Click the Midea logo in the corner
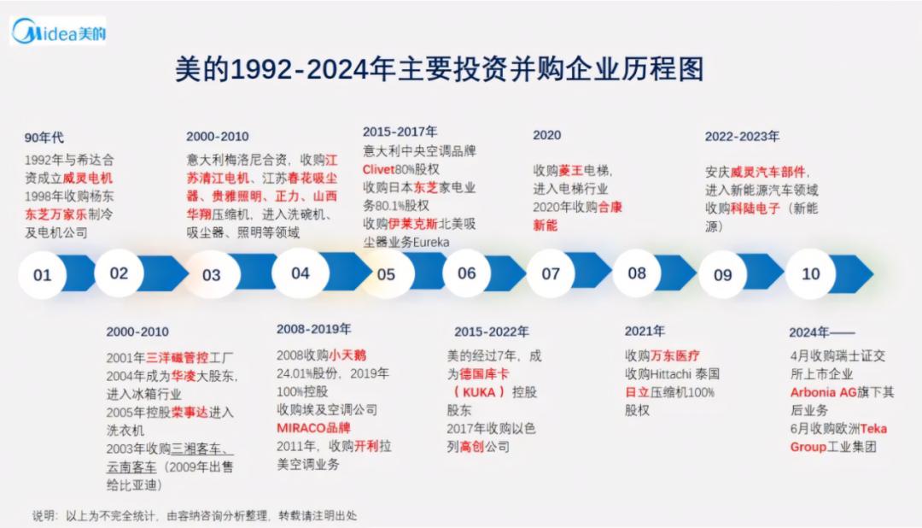pyautogui.click(x=58, y=32)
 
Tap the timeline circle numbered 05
pyautogui.click(x=386, y=275)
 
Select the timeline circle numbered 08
pyautogui.click(x=637, y=273)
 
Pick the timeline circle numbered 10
pyautogui.click(x=810, y=273)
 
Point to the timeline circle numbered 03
pyautogui.click(x=211, y=275)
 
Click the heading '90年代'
pyautogui.click(x=44, y=137)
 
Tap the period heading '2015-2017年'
pyautogui.click(x=400, y=132)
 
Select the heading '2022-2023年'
pyautogui.click(x=742, y=136)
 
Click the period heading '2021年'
pyautogui.click(x=645, y=331)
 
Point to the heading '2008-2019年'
pyautogui.click(x=313, y=329)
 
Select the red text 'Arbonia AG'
pyautogui.click(x=825, y=392)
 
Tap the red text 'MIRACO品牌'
pyautogui.click(x=313, y=427)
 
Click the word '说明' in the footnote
pyautogui.click(x=44, y=516)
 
